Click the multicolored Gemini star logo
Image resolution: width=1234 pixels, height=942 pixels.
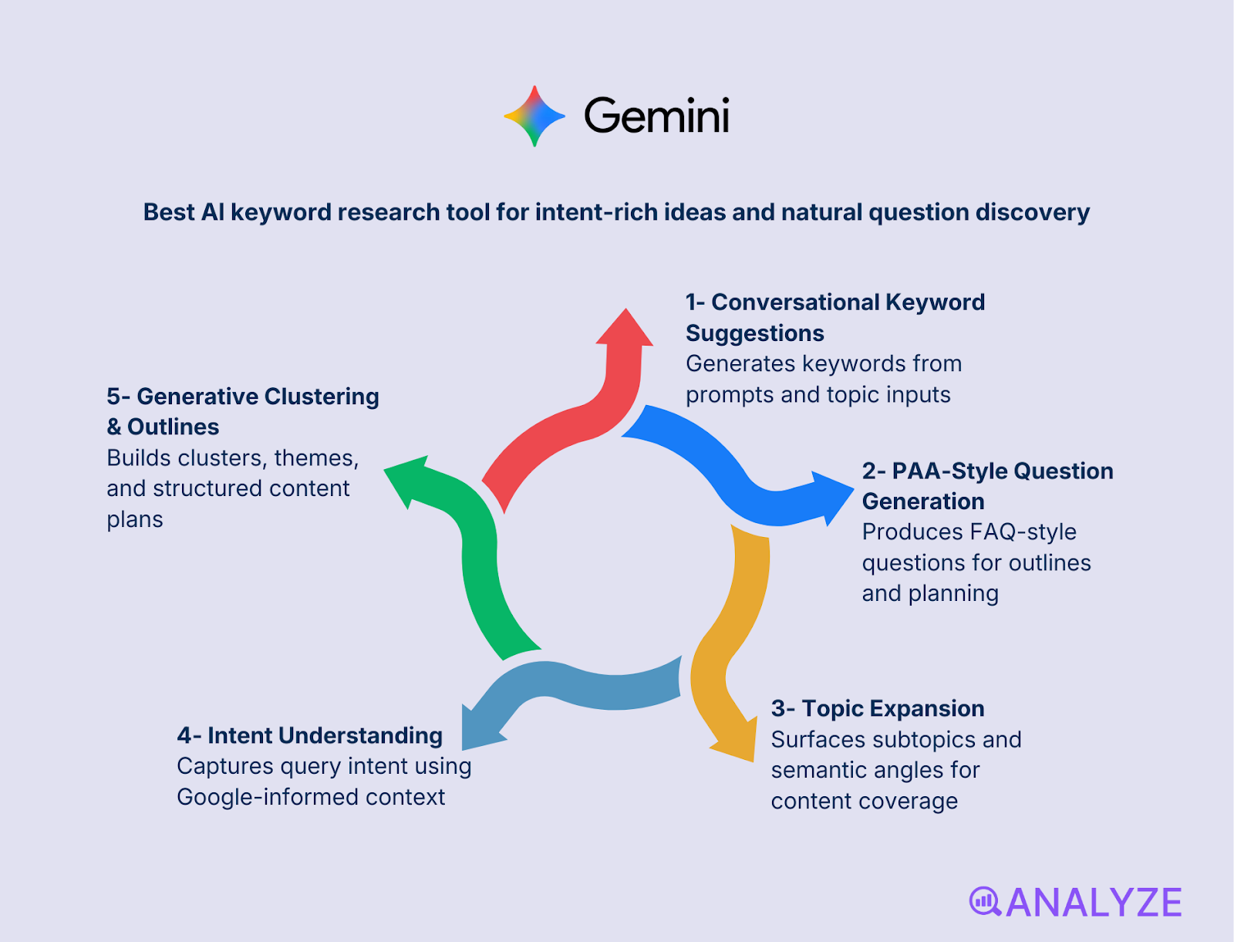click(534, 116)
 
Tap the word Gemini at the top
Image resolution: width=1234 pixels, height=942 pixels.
click(656, 116)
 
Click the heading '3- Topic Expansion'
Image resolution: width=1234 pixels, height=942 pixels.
click(878, 708)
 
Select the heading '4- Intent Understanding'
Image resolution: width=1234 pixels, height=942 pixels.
click(309, 735)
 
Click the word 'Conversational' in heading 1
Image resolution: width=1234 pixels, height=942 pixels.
click(794, 302)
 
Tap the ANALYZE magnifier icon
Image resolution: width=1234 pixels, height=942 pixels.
click(984, 901)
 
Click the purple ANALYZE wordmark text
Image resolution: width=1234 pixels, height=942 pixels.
click(1094, 903)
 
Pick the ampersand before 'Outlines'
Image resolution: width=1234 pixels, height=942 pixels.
click(114, 427)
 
